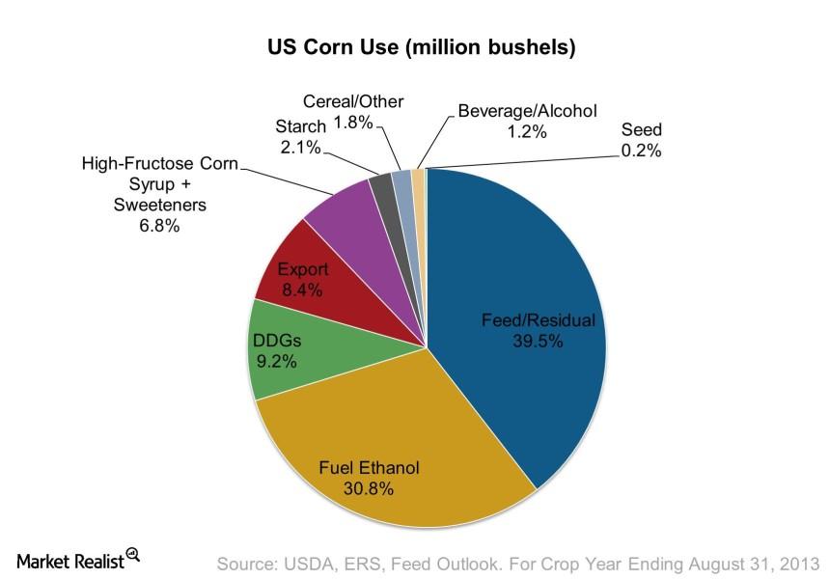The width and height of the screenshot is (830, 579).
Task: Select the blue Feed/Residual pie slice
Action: point(521,289)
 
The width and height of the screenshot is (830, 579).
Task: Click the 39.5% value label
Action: point(538,340)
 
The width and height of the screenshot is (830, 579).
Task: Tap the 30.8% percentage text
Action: point(369,488)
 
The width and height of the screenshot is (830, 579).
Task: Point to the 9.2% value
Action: point(276,362)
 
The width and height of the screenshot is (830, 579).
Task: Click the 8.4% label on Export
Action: point(302,289)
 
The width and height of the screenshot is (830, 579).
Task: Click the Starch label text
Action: point(300,126)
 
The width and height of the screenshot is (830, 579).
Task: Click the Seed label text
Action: point(641,129)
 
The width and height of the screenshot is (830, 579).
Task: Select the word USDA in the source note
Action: point(306,563)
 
